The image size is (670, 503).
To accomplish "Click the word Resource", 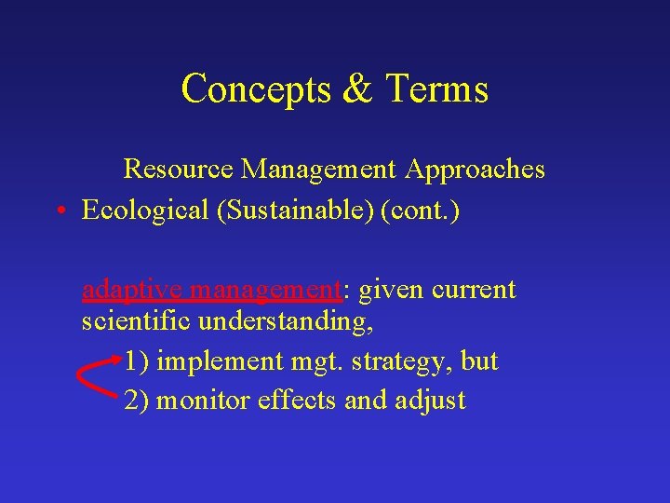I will [x=179, y=170].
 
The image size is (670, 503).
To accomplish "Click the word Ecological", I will [x=145, y=211].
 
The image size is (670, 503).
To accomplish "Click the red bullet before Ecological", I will [x=60, y=211].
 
